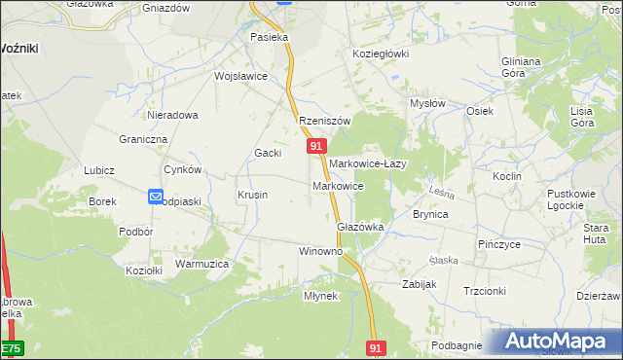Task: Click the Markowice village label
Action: (338, 185)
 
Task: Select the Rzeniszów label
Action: (323, 121)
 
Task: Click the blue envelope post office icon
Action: (156, 197)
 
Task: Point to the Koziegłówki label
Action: (381, 54)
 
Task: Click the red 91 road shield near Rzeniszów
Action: (315, 145)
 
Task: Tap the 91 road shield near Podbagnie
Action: (378, 346)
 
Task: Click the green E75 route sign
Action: (10, 347)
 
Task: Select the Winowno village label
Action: (320, 251)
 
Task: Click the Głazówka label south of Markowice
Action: (360, 226)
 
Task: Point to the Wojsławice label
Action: (240, 76)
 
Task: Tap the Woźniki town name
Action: (19, 48)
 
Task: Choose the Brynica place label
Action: (430, 214)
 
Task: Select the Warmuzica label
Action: (202, 264)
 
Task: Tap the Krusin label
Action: (253, 195)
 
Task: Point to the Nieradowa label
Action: (172, 115)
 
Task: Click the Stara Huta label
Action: (596, 234)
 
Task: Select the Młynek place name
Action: (320, 296)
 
